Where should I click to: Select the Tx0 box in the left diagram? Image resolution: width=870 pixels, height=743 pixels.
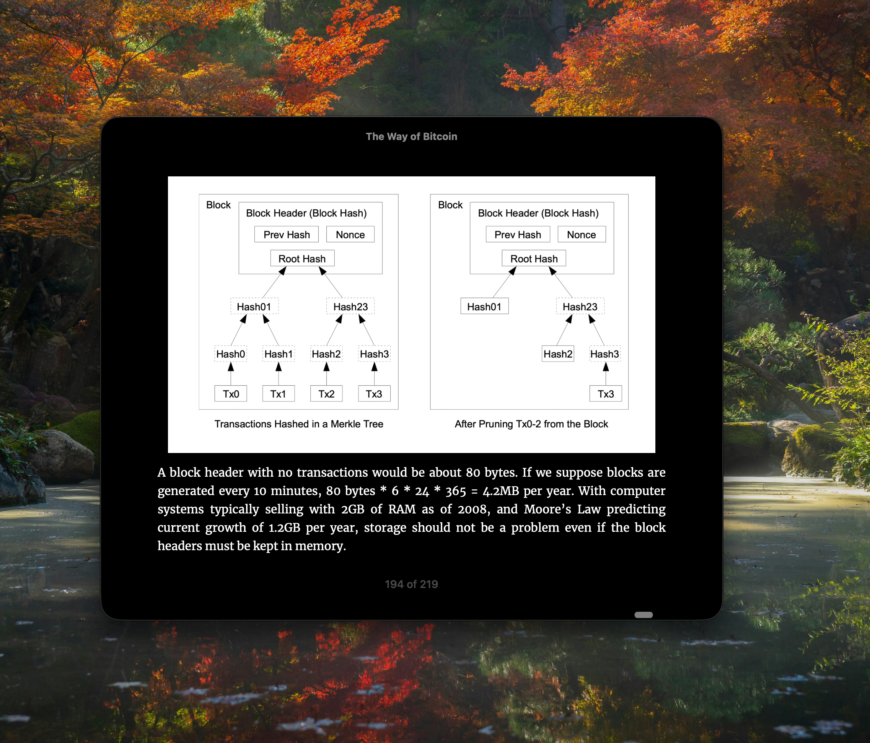[231, 394]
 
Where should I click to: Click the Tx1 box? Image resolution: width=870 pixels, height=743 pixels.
[279, 394]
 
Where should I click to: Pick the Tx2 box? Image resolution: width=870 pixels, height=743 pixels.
[326, 394]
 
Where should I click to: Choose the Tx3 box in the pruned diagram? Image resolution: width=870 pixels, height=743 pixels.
[606, 394]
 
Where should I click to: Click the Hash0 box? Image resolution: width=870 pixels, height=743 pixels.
[231, 354]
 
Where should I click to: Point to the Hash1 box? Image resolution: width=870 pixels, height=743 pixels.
[279, 354]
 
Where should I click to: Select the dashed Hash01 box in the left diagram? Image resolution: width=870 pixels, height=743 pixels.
[254, 306]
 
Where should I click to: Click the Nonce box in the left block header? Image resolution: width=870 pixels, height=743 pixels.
[350, 235]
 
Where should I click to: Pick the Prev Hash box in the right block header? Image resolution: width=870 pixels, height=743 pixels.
[518, 235]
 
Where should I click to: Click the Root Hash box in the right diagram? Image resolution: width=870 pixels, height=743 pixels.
[534, 259]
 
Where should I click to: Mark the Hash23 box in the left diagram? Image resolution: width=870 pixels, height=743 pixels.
[350, 306]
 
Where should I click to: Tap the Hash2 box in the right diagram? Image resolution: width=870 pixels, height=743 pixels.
[557, 354]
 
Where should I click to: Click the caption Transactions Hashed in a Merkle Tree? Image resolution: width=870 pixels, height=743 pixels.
[298, 424]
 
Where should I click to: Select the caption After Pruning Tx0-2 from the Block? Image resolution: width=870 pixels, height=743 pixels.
[531, 424]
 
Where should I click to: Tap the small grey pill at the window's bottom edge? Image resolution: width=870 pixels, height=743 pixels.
[643, 615]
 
